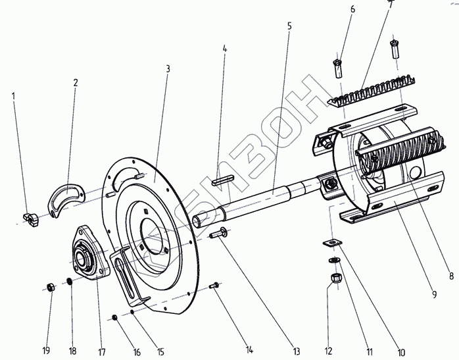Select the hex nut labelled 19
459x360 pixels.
(51, 287)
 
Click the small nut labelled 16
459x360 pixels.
(114, 318)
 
